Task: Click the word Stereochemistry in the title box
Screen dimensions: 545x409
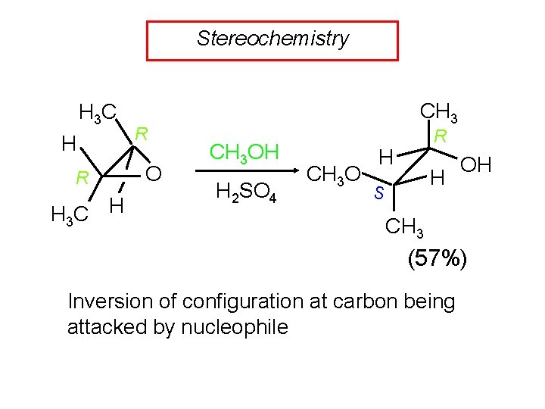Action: point(272,39)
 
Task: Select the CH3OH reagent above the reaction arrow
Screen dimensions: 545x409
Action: point(244,152)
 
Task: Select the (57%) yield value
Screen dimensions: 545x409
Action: point(438,258)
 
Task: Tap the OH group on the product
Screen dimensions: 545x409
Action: point(475,164)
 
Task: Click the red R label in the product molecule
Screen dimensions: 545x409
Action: point(441,137)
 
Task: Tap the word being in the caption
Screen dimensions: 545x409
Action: point(429,301)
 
